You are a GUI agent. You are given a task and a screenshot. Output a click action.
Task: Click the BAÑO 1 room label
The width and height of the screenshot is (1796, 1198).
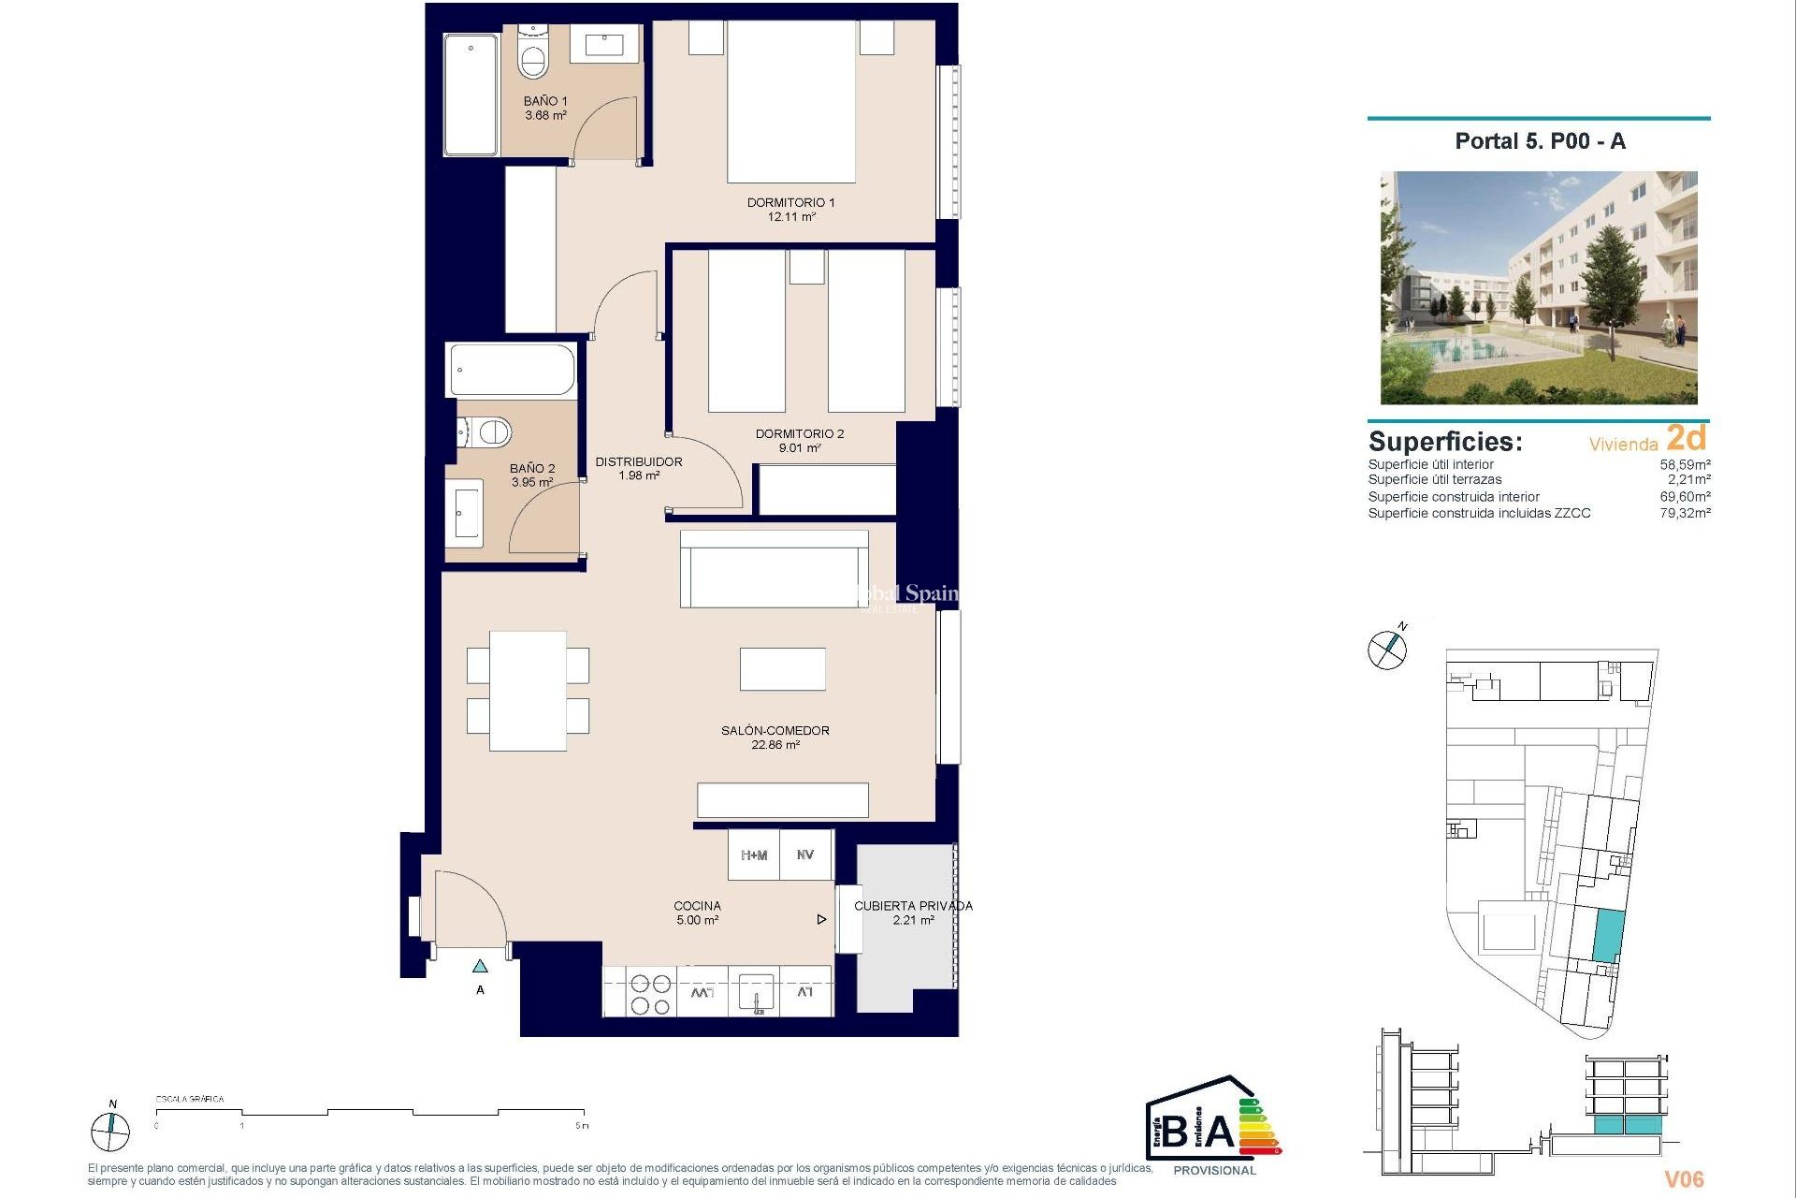click(x=544, y=101)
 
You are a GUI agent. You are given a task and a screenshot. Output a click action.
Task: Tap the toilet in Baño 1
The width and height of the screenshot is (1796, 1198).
click(x=533, y=58)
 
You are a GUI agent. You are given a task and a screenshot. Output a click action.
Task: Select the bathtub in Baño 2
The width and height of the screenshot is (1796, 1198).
click(x=512, y=371)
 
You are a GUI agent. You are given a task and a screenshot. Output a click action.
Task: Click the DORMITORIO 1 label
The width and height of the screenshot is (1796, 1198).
click(x=790, y=202)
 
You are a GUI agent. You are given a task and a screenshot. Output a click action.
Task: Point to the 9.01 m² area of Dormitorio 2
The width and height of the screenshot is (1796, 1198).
click(x=800, y=448)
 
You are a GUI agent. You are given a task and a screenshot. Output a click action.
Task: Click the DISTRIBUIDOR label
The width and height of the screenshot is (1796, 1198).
click(x=639, y=461)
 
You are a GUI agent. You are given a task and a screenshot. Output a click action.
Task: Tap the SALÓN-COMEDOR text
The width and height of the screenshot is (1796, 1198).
click(x=775, y=730)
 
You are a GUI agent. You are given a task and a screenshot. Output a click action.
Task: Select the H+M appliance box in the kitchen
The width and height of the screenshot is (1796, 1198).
click(x=754, y=855)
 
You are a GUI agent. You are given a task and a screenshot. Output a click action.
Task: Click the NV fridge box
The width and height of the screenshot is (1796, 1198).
click(x=805, y=855)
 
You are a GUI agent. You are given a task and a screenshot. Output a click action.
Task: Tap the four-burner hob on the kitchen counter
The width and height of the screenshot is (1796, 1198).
click(x=650, y=994)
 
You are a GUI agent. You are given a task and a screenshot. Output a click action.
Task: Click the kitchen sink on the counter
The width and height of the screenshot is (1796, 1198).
click(x=756, y=992)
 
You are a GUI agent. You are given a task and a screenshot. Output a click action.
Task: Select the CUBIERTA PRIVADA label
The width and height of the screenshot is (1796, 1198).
click(x=913, y=906)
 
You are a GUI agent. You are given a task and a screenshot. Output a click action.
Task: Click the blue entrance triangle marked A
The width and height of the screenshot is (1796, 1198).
click(x=480, y=966)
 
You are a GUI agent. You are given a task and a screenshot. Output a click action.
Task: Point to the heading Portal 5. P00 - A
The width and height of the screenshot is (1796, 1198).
click(x=1540, y=141)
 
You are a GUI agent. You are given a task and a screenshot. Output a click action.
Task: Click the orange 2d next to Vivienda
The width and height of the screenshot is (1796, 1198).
click(x=1686, y=438)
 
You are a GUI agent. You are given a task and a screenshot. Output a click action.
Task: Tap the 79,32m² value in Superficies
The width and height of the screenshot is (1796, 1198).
click(x=1685, y=513)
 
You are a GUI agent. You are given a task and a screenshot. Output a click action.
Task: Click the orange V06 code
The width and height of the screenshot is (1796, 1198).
click(x=1684, y=1179)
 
